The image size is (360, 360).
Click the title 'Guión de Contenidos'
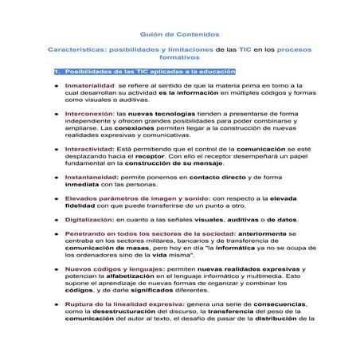(179, 35)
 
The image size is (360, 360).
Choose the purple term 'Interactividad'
(90, 149)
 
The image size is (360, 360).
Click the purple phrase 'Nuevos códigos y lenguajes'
(115, 270)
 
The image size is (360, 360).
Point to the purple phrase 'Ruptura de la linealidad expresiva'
(127, 304)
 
